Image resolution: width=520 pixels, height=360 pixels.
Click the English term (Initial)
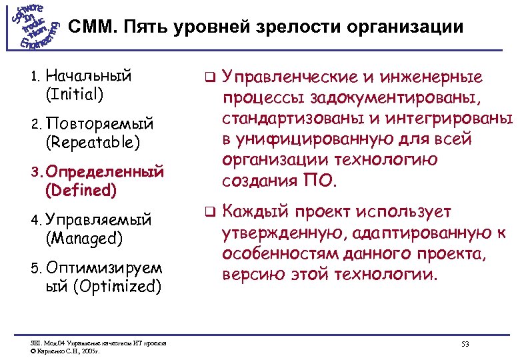(74, 94)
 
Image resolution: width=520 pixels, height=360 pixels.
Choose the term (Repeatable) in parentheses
(93, 142)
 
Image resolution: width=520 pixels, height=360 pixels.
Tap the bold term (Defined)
(81, 191)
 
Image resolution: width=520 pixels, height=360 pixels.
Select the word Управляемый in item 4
(99, 220)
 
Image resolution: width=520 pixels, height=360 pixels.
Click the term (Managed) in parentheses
(83, 238)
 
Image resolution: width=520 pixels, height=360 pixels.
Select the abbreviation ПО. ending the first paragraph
(323, 181)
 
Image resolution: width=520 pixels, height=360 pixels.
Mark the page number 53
(465, 344)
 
